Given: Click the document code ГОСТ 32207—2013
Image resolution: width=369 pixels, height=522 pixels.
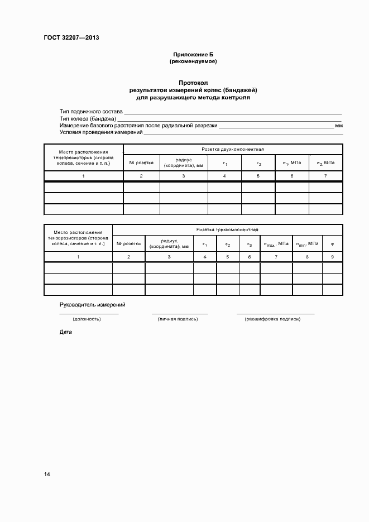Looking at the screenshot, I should click(x=71, y=39).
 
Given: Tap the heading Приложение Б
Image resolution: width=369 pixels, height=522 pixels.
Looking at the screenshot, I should click(x=193, y=54).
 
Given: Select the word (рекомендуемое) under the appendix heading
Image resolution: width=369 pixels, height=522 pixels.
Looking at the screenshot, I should click(x=193, y=61).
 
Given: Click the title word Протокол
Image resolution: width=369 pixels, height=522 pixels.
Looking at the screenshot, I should click(x=193, y=83).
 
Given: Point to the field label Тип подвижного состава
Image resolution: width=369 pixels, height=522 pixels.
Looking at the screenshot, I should click(x=91, y=112).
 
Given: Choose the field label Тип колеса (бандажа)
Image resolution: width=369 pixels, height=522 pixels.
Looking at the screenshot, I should click(x=88, y=119).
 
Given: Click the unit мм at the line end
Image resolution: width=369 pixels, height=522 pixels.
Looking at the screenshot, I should click(x=339, y=126).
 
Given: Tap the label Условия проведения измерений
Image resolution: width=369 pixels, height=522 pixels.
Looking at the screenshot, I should click(x=101, y=132).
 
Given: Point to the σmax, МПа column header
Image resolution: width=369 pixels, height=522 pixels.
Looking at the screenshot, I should click(x=276, y=244).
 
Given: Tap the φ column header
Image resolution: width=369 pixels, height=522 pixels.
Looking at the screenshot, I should click(x=333, y=244).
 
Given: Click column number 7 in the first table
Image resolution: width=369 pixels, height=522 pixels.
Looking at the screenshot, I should click(x=326, y=176).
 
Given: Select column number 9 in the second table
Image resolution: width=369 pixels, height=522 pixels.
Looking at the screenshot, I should click(x=333, y=257).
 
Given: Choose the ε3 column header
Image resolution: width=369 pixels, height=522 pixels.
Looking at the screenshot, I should click(x=250, y=244).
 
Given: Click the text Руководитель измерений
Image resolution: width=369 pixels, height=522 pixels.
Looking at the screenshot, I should click(x=92, y=304).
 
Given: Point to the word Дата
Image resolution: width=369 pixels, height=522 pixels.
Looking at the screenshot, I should click(x=66, y=332).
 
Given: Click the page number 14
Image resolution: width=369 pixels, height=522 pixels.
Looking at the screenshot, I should click(x=47, y=474).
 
